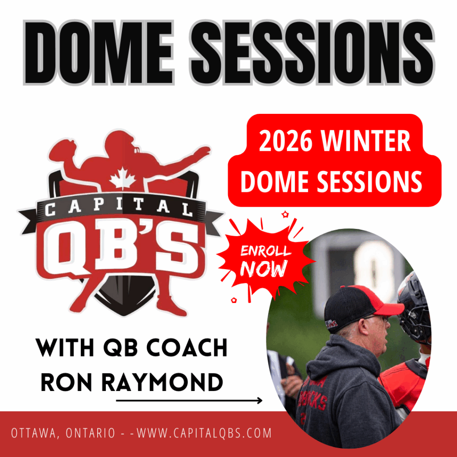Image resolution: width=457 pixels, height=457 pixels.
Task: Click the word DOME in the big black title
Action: [99, 53]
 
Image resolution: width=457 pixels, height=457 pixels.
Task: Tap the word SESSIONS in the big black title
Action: [312, 53]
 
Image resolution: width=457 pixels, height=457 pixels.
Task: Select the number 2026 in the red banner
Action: [286, 141]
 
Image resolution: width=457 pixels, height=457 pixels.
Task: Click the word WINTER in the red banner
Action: [366, 141]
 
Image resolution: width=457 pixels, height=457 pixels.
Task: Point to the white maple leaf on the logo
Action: [123, 179]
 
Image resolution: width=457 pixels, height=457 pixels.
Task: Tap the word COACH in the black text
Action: [187, 348]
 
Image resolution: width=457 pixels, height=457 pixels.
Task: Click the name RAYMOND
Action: [162, 382]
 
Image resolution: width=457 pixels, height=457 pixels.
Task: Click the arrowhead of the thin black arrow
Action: [260, 401]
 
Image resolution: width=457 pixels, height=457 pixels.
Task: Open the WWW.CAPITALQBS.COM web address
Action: [204, 433]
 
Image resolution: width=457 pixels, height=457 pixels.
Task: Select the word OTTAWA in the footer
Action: [34, 433]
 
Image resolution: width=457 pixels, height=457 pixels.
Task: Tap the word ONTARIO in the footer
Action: [90, 433]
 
